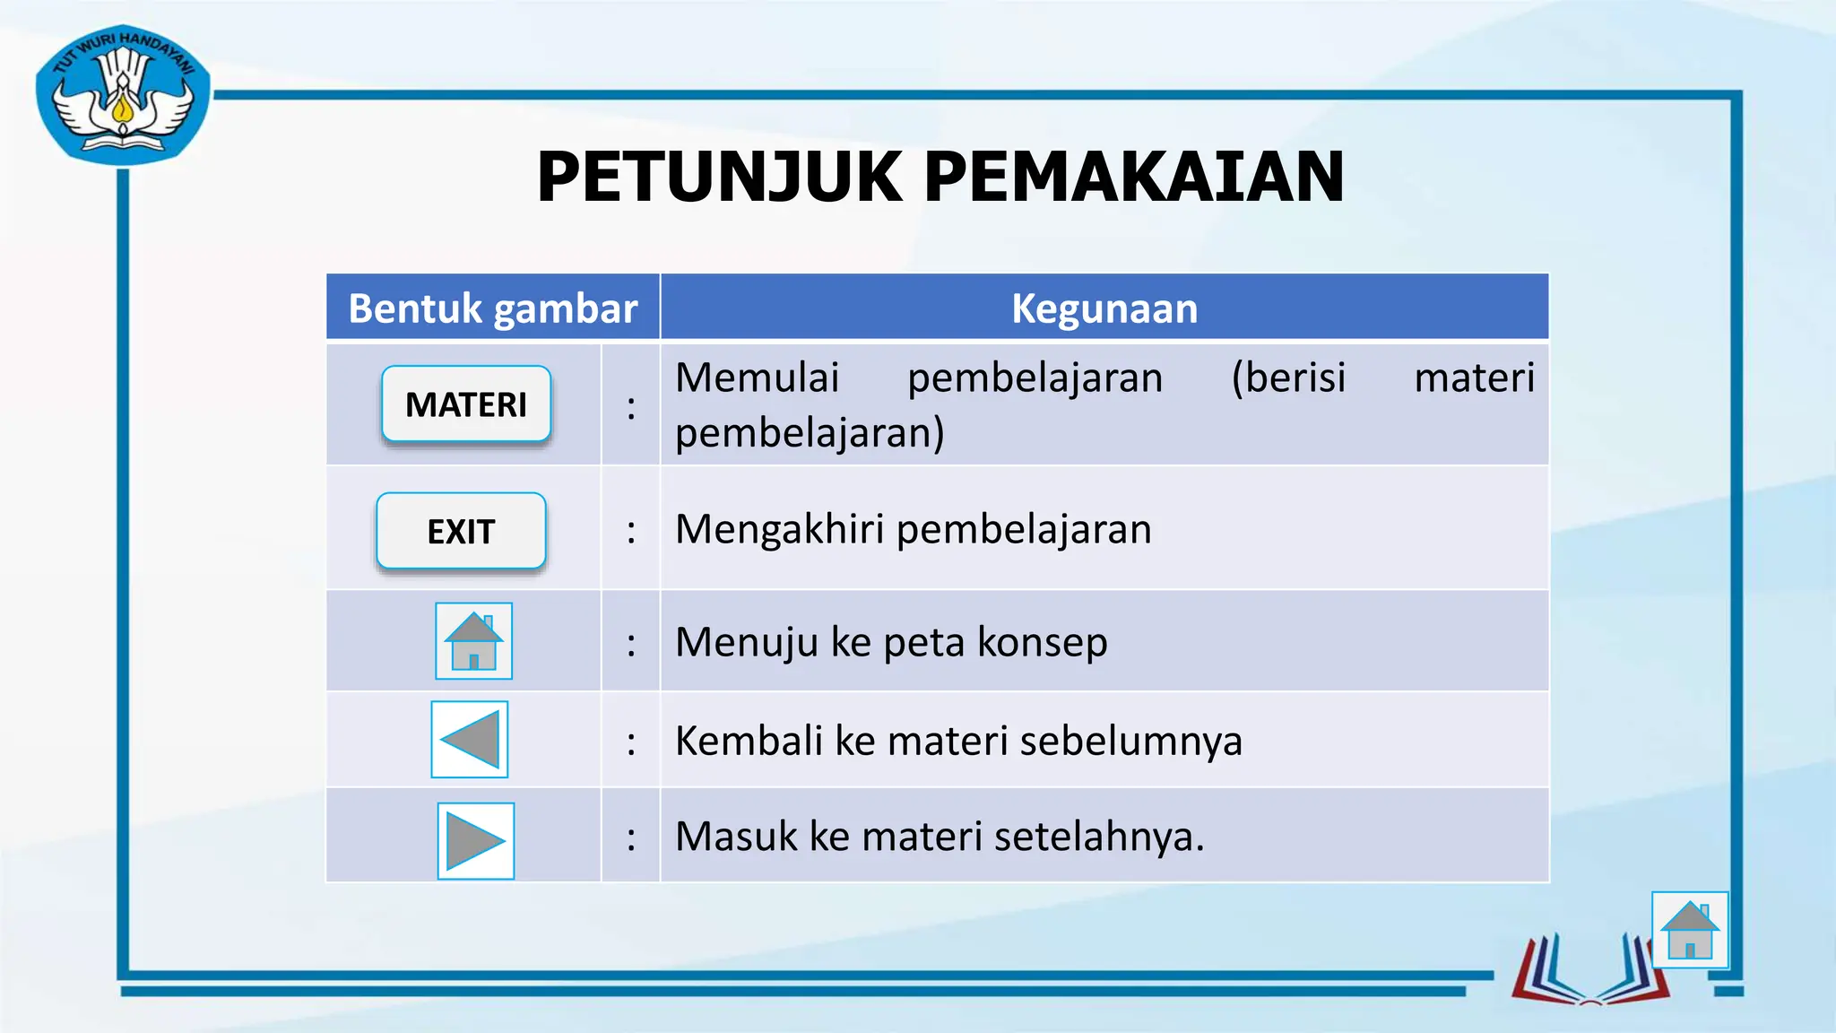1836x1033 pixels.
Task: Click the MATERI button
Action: point(466,404)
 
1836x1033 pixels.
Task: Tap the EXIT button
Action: point(461,531)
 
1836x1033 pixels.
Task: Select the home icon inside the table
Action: point(473,641)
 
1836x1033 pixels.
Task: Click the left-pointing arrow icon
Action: point(470,740)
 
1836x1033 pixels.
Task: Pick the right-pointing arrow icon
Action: point(476,841)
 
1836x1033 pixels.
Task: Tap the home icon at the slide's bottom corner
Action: point(1690,930)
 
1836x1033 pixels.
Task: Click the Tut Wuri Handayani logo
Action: point(123,95)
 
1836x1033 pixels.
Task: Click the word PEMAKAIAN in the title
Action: point(1133,177)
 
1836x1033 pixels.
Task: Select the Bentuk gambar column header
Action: point(492,308)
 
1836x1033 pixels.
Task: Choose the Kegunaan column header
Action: point(1104,308)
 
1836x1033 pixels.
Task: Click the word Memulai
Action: point(757,378)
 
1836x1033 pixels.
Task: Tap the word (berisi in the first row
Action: point(1288,378)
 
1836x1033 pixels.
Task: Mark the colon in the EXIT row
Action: point(631,531)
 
